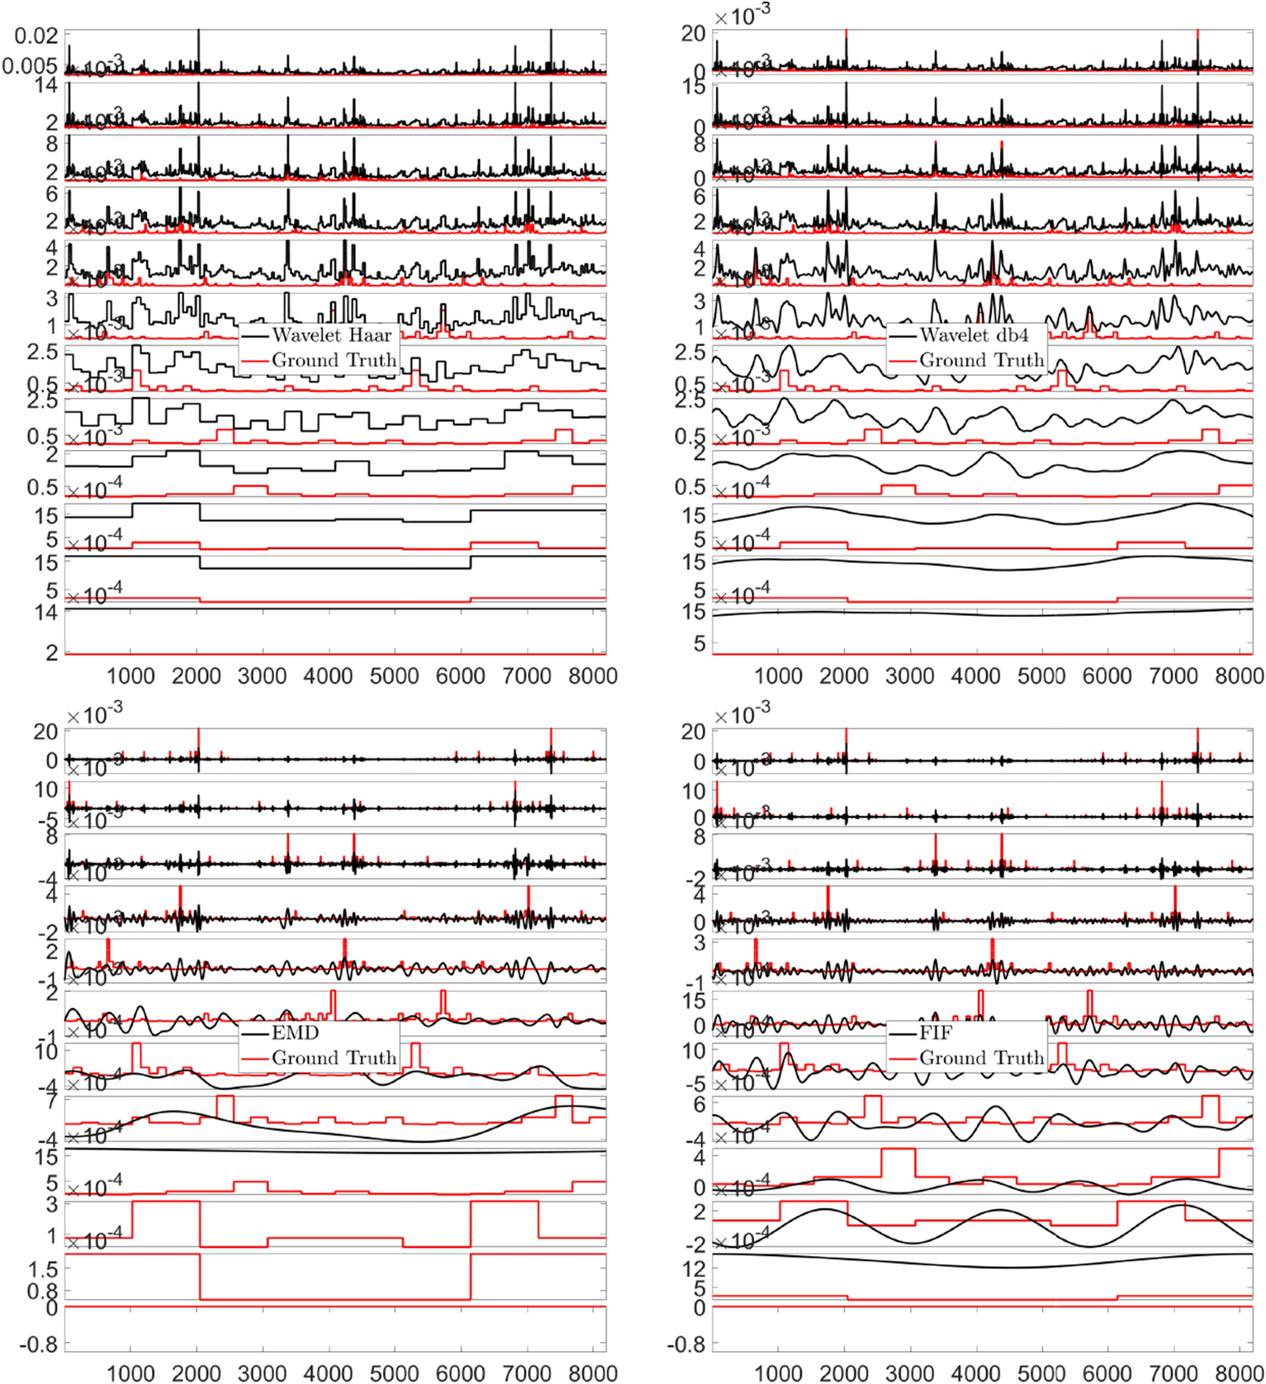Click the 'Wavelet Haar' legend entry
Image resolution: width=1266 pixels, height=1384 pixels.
tap(331, 335)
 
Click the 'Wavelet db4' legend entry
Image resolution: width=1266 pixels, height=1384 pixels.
tap(974, 335)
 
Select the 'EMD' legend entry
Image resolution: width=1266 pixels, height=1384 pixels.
tap(295, 1032)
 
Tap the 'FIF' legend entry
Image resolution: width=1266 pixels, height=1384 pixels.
tap(936, 1032)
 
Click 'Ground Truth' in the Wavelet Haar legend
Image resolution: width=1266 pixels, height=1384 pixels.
tap(334, 360)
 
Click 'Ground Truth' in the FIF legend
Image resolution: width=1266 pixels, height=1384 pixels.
tap(981, 1058)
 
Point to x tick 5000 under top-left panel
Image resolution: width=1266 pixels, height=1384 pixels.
tap(394, 676)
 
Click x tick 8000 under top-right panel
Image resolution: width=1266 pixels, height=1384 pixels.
tap(1240, 676)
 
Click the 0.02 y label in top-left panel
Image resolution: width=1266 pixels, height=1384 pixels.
tap(36, 36)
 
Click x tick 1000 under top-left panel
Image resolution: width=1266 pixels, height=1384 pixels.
tap(130, 676)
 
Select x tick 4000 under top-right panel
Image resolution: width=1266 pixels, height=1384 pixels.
tap(975, 676)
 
